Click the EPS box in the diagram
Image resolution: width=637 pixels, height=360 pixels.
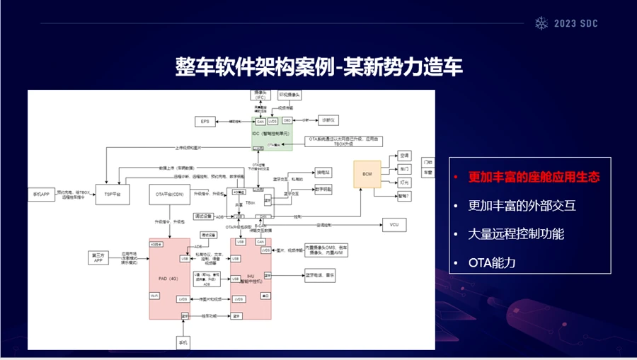click(205, 122)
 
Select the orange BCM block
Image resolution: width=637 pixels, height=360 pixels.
click(367, 174)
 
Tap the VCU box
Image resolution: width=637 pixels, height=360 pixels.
click(394, 225)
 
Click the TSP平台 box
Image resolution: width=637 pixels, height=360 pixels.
click(113, 193)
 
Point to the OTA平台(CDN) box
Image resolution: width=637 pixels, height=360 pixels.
click(169, 193)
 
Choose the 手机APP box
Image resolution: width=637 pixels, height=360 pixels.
click(40, 193)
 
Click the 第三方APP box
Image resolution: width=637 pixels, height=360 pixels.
click(98, 257)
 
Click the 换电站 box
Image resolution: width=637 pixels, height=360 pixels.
click(323, 172)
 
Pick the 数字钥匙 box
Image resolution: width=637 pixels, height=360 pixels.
click(323, 190)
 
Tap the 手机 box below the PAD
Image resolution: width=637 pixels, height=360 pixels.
click(183, 343)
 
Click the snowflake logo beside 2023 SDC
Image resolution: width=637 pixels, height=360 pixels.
click(541, 23)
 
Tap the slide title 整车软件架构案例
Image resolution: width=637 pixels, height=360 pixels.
click(254, 67)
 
